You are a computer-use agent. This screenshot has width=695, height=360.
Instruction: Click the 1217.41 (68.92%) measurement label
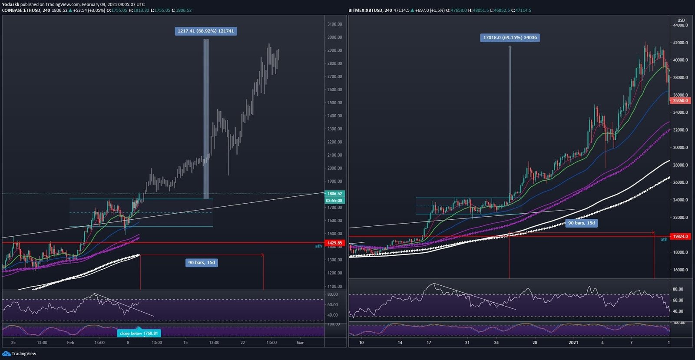pos(205,31)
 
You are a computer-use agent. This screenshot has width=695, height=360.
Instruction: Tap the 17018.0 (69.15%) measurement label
pos(510,38)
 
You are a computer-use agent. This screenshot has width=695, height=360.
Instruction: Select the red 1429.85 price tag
pos(334,243)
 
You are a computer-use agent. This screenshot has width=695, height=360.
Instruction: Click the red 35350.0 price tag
pos(680,101)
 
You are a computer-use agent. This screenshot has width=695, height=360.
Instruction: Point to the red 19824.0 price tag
pos(680,237)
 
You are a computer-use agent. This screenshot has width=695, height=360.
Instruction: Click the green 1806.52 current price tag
pos(334,194)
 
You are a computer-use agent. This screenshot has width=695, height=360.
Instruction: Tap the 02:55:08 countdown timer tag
pos(334,201)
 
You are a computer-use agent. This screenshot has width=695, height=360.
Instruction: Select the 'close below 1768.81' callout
pos(139,334)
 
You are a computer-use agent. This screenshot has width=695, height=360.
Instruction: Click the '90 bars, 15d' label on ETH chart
pos(202,263)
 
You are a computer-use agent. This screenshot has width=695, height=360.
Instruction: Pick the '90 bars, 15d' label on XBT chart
pos(581,223)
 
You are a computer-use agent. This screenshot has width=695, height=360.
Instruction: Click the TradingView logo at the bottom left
pos(20,353)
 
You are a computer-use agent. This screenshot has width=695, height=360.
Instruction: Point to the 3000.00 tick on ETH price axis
pos(334,37)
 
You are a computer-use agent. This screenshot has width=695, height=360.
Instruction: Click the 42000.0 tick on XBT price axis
pos(680,43)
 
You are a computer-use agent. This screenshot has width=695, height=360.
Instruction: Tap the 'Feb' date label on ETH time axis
pos(70,343)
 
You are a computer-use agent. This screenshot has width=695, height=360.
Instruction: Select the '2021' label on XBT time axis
pos(573,343)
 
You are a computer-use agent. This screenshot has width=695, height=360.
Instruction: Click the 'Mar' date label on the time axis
pos(300,343)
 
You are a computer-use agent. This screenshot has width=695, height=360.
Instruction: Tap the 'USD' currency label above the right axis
pos(681,20)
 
